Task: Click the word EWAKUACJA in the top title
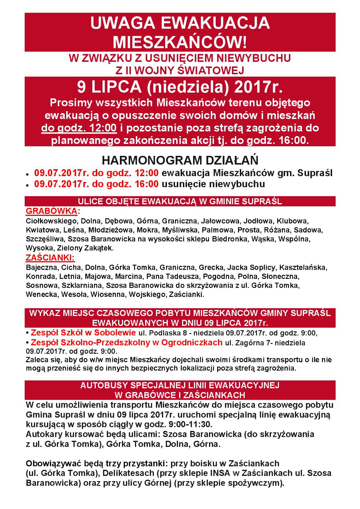(215, 23)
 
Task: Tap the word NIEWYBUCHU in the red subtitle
(254, 58)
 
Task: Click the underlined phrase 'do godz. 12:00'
(79, 128)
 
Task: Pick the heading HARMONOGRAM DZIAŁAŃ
(180, 160)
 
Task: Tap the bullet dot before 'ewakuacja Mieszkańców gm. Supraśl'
(28, 174)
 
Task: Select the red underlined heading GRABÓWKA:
(53, 211)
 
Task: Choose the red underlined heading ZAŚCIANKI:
(50, 258)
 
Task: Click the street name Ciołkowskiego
(51, 221)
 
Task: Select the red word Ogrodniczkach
(192, 343)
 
